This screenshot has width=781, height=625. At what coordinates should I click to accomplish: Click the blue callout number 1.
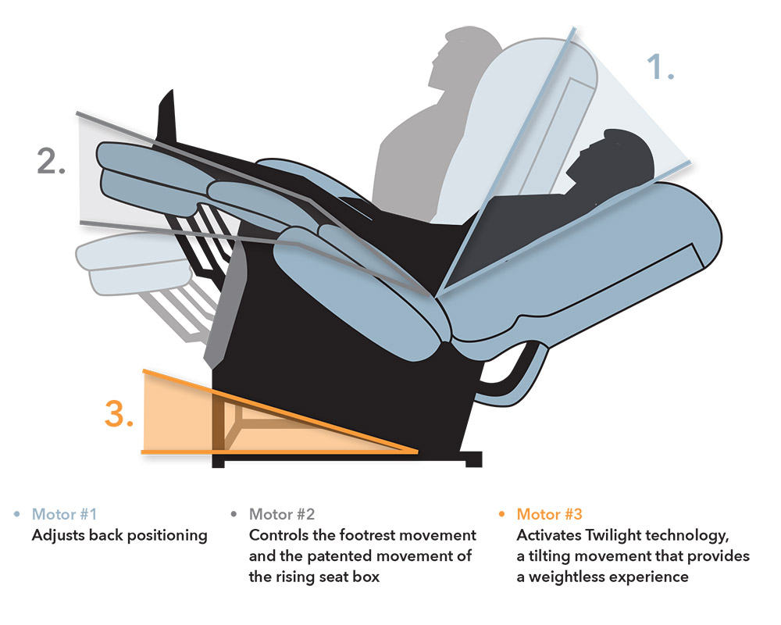click(x=660, y=66)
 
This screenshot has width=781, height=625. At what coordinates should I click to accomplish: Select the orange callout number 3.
click(x=119, y=413)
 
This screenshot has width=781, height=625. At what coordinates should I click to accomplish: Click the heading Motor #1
click(x=64, y=514)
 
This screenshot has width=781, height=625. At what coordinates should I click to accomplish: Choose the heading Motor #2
click(x=282, y=514)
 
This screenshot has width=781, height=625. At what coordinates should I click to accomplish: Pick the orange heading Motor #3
click(x=549, y=514)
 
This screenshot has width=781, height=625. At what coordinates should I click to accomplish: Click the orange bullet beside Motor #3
click(x=501, y=514)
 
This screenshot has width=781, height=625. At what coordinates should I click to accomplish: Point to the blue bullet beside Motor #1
click(x=17, y=514)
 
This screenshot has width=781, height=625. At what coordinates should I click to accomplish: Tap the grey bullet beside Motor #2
click(x=234, y=514)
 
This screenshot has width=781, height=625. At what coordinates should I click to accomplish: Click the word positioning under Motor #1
click(x=167, y=536)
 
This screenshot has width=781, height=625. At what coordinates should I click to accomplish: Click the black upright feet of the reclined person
click(x=167, y=117)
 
